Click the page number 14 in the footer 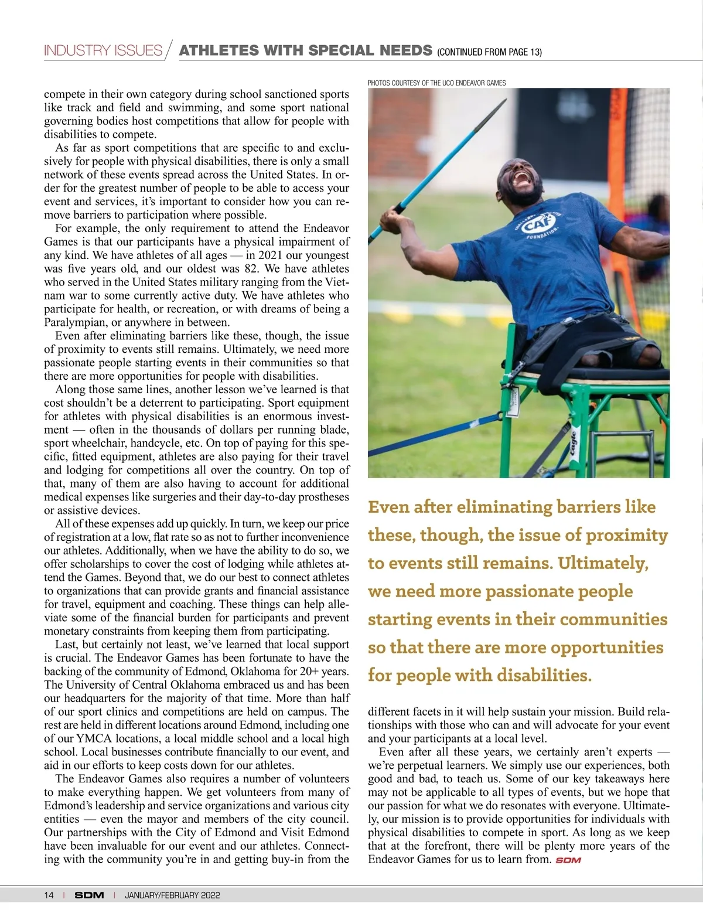49,895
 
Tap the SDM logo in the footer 89,895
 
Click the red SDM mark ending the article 568,860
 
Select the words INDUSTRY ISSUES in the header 103,50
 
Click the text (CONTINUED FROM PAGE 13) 489,52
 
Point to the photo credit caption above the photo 436,83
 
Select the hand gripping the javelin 390,221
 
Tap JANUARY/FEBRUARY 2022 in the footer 172,895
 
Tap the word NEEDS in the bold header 406,50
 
